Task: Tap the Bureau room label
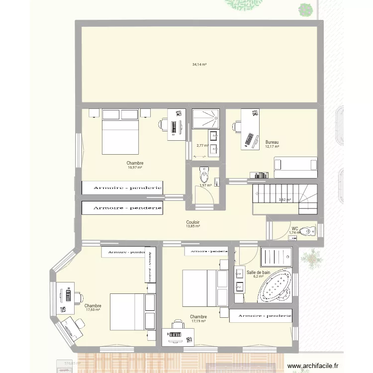(x=272, y=142)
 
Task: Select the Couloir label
(x=193, y=222)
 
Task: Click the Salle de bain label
(x=258, y=273)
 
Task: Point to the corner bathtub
(x=274, y=287)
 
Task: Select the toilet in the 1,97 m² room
(x=204, y=174)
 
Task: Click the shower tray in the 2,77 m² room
(x=206, y=118)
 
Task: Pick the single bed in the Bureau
(x=295, y=166)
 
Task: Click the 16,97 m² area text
(x=135, y=168)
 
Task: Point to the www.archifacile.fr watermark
(x=316, y=367)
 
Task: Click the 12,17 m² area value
(x=272, y=147)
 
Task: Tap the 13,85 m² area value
(x=193, y=226)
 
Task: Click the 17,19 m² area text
(x=198, y=321)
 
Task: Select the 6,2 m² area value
(x=258, y=277)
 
